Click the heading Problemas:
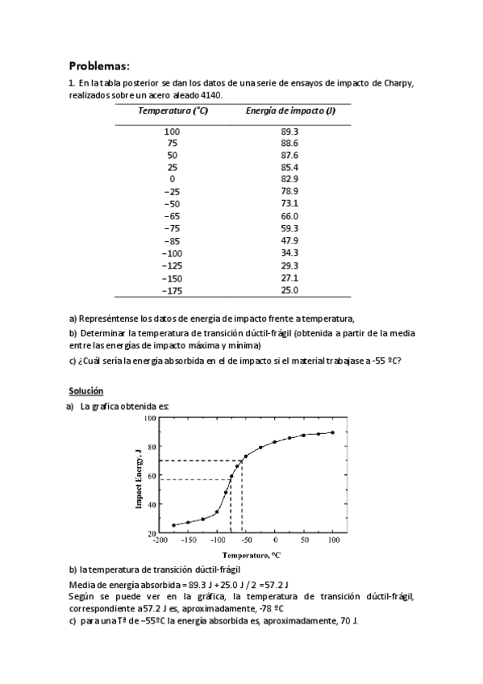(99, 65)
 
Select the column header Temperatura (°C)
(173, 111)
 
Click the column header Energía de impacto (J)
(289, 111)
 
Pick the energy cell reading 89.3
(289, 131)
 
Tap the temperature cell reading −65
(172, 216)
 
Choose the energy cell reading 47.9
(289, 240)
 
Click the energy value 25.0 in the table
(289, 290)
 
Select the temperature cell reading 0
(172, 179)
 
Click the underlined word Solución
(86, 390)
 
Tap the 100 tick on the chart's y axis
(150, 419)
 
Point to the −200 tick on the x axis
(159, 540)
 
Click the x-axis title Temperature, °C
(252, 555)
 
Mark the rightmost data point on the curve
(332, 432)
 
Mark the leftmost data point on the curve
(173, 525)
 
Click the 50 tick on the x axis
(304, 540)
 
